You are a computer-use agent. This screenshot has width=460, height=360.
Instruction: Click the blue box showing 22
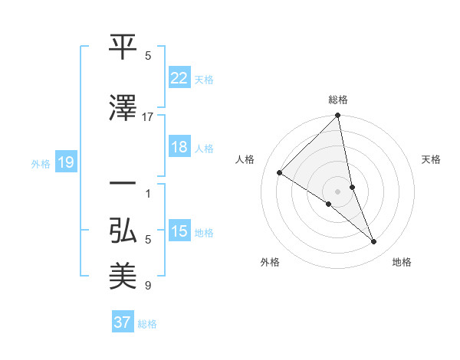click(x=179, y=77)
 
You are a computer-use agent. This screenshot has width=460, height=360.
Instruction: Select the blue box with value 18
click(x=179, y=147)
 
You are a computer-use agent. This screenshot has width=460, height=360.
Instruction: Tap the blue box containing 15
click(x=179, y=231)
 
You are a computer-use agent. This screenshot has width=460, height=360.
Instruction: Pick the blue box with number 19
click(x=65, y=162)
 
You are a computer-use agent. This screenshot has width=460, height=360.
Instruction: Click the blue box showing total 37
click(x=123, y=322)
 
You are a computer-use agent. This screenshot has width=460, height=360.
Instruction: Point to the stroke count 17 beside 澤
click(x=148, y=116)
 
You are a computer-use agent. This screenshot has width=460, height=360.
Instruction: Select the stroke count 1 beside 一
click(x=148, y=193)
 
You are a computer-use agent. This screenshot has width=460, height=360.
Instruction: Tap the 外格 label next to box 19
click(x=41, y=163)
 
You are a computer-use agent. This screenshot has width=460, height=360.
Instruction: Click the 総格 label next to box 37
click(x=147, y=323)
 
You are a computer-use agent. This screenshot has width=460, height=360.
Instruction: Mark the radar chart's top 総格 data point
click(x=338, y=116)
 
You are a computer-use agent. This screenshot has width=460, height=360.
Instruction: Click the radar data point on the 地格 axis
click(x=374, y=242)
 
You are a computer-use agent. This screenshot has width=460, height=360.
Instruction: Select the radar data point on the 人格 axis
click(x=280, y=172)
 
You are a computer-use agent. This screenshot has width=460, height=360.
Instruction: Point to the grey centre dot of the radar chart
click(x=338, y=191)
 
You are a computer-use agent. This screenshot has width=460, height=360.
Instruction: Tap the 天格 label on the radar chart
click(x=432, y=159)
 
